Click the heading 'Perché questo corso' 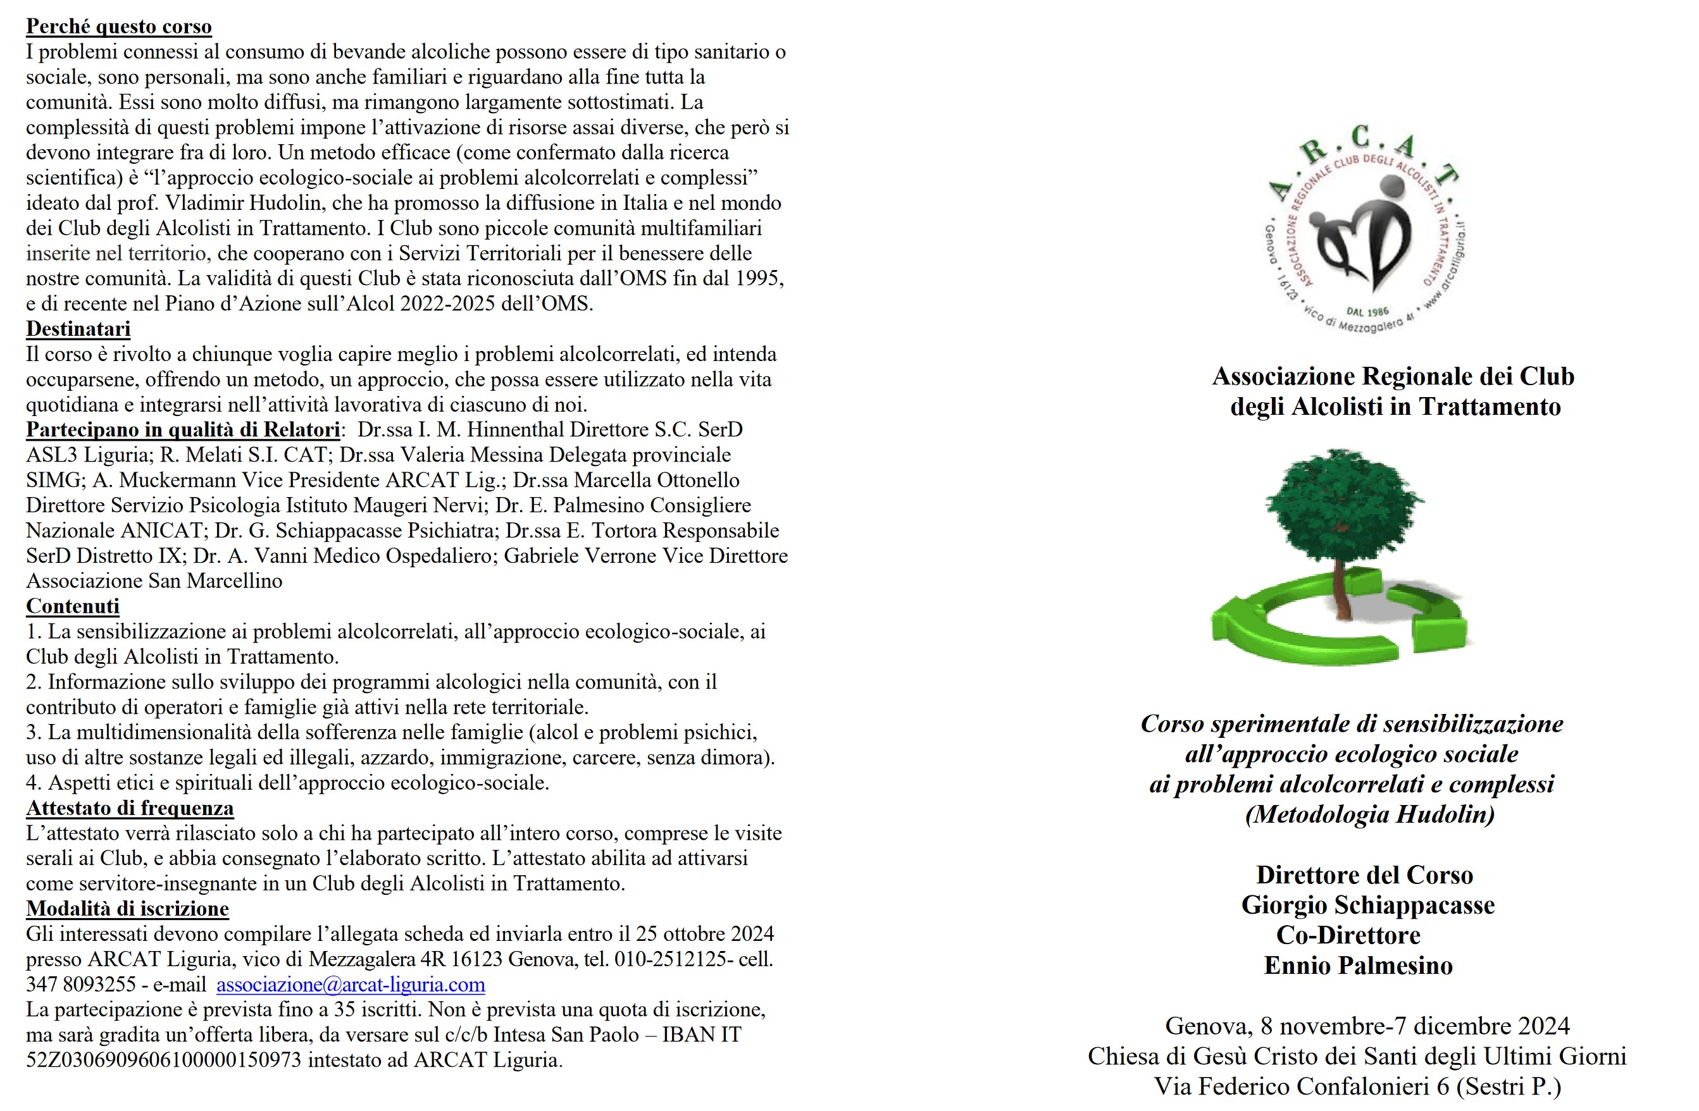118,27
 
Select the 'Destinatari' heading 78,329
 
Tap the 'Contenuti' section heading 72,606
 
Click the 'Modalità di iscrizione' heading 127,909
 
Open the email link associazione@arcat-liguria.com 351,985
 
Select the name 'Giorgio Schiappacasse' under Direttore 1367,905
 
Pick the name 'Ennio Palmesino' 1358,966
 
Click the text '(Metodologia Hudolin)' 1369,814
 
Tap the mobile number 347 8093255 80,985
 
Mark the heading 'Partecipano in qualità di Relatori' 183,429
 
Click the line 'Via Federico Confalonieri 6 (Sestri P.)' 1357,1086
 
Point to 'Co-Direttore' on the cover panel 1348,935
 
